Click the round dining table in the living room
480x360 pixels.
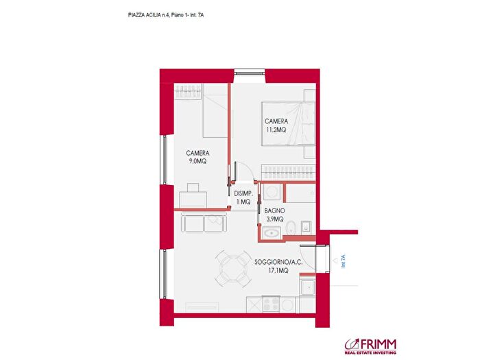pyautogui.click(x=232, y=267)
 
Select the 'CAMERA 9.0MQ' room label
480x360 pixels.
pyautogui.click(x=197, y=156)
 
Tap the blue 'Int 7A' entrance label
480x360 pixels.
pyautogui.click(x=343, y=261)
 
